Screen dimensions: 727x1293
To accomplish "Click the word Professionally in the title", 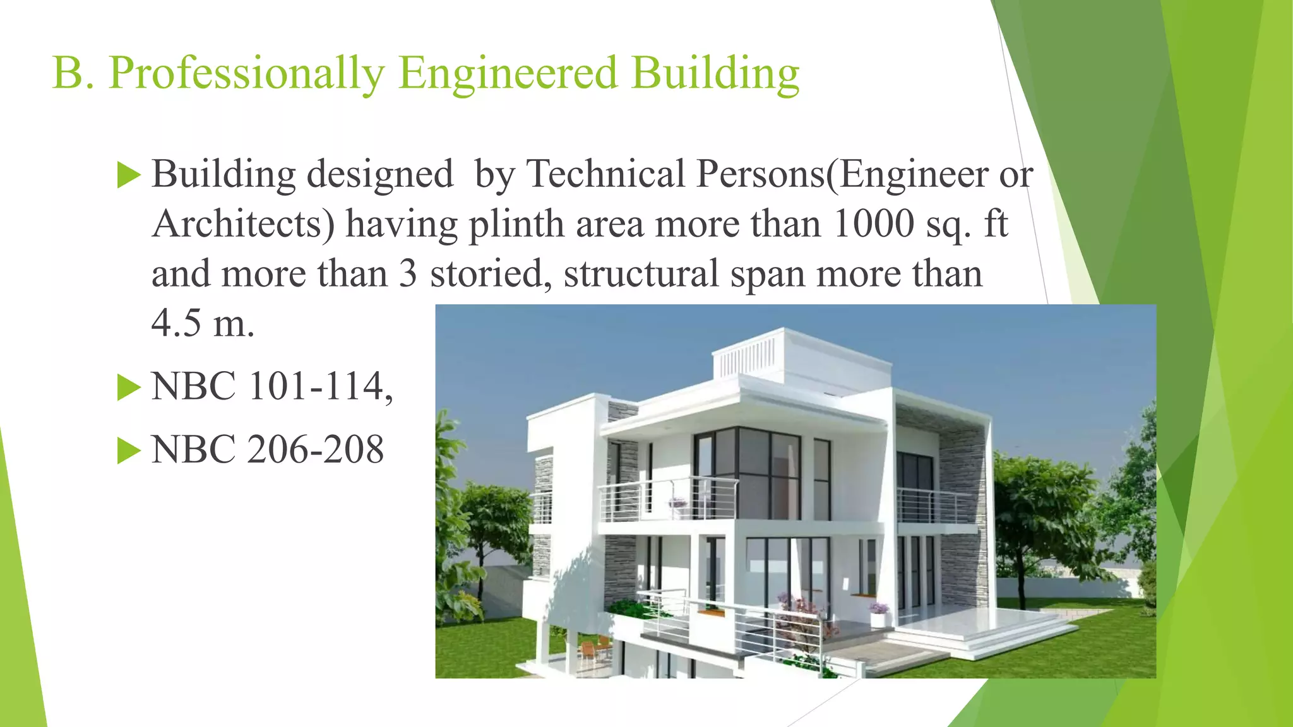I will click(x=246, y=73).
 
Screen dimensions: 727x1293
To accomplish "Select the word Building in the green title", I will click(x=715, y=73).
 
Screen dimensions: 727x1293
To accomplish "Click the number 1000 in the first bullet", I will click(x=873, y=223).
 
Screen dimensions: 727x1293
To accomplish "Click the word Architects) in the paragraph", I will click(x=243, y=224).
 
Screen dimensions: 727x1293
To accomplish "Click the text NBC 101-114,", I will click(x=272, y=386).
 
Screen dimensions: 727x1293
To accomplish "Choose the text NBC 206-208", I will click(x=267, y=449).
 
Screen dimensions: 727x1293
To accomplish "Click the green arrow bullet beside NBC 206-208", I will click(x=129, y=451).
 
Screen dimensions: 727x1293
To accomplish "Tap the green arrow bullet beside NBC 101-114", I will click(x=129, y=387).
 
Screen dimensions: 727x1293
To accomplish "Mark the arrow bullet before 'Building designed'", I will click(x=129, y=175).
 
